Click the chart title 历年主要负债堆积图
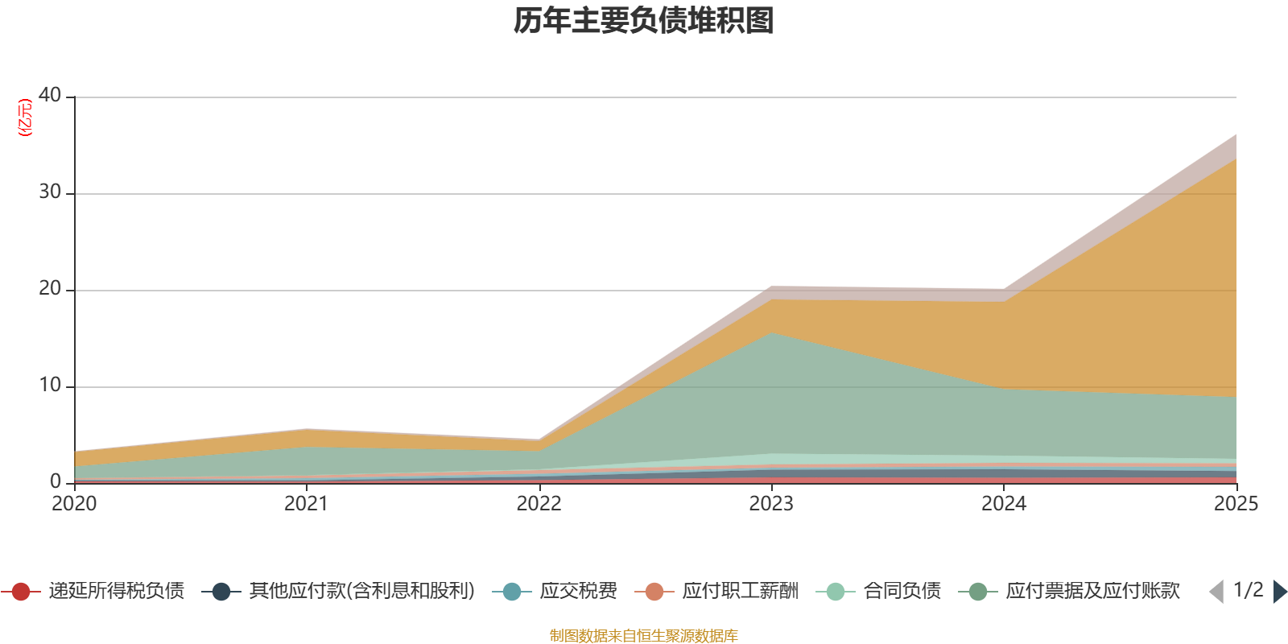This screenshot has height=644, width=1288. point(643,21)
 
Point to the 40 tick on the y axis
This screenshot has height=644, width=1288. point(49,95)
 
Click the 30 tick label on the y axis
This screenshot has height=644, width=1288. point(49,192)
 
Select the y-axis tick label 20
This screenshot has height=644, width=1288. point(49,288)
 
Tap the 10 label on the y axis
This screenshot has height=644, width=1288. point(49,385)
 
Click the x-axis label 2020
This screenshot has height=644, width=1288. point(74,504)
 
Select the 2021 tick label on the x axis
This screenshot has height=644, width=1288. point(307,504)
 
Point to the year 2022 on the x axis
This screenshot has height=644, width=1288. point(539,504)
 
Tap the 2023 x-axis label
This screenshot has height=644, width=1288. point(771,504)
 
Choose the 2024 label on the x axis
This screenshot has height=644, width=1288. point(1003,504)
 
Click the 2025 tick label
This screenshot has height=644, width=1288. point(1236,504)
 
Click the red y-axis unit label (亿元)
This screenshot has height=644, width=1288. point(25,118)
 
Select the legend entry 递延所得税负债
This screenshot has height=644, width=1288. point(93,591)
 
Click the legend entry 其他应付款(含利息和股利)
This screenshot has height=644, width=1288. point(338,591)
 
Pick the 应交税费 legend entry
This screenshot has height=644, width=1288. point(555,591)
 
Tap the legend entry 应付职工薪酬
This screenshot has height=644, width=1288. point(716,591)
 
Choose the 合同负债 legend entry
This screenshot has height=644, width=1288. point(878,591)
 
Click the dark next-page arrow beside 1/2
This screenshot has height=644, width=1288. point(1279,591)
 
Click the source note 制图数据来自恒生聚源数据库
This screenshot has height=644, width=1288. point(643,635)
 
